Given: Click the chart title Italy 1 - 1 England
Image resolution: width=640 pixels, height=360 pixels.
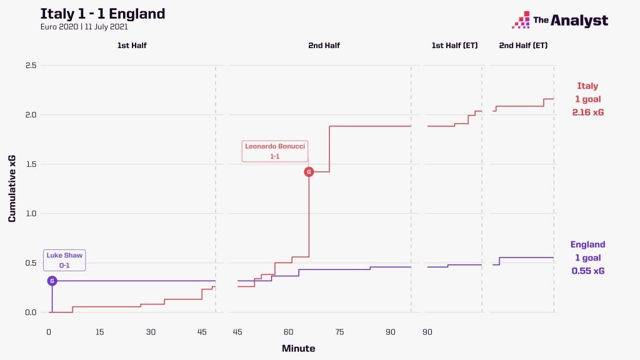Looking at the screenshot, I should pos(102,14).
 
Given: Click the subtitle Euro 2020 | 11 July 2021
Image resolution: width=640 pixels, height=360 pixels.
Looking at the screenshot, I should pos(84,27).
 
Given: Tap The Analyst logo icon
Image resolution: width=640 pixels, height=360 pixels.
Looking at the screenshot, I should pos(521,21).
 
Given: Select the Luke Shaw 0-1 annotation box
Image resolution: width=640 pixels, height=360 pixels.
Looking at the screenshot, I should pos(64,260).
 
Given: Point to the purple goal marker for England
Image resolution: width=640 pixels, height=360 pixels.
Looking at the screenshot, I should pos(52,281).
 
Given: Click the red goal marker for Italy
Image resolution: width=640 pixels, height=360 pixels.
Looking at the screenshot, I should pos(308,172).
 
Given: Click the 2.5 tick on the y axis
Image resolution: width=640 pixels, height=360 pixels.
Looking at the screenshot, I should pos(30,66).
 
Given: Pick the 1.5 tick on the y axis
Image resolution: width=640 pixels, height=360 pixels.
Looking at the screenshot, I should pos(30,164).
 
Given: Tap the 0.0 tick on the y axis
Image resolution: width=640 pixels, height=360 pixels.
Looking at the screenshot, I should pos(30,312).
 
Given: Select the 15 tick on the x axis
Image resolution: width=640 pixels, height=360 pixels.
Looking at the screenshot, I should pos(100,331).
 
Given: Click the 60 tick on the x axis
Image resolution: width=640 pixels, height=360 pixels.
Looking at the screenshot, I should pos(288,331).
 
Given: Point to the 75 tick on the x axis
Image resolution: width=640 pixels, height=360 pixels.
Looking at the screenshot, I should pos(339,331).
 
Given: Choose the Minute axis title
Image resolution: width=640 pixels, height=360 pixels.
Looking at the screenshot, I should pos(298,348).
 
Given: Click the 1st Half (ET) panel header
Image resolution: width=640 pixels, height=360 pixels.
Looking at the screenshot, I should pos(454,46).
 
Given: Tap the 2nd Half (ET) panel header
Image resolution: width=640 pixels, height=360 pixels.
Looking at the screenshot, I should pos(522,46).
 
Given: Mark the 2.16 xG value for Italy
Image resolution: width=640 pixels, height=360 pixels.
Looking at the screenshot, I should pos(587,112).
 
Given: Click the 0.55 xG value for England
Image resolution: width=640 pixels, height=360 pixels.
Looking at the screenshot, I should pos(587,271).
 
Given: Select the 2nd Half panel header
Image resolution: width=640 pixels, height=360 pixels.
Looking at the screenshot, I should pos(324,46).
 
